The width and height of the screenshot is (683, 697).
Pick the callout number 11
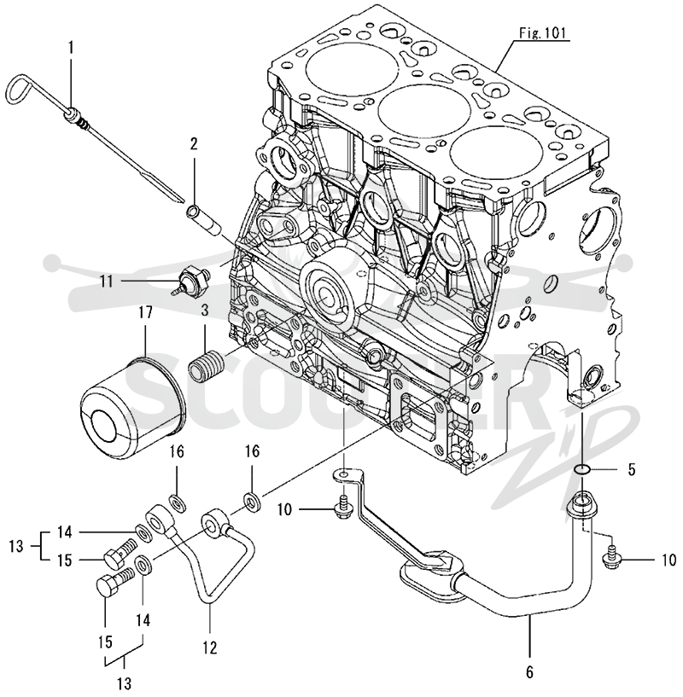click(x=107, y=281)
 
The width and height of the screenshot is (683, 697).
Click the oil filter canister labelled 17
click(x=132, y=403)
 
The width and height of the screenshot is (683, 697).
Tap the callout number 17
click(x=145, y=312)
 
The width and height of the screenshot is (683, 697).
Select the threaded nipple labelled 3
click(x=207, y=364)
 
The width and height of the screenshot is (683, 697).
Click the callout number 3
click(x=204, y=310)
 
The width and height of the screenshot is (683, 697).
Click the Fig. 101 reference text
click(x=542, y=33)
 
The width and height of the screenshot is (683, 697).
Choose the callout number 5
click(x=633, y=469)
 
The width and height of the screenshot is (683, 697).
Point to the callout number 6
click(x=529, y=672)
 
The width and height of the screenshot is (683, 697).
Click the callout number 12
click(x=209, y=648)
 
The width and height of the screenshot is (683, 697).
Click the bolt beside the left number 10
click(x=343, y=509)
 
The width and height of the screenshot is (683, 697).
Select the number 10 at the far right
click(x=668, y=561)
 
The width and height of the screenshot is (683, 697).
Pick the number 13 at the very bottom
click(x=125, y=682)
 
